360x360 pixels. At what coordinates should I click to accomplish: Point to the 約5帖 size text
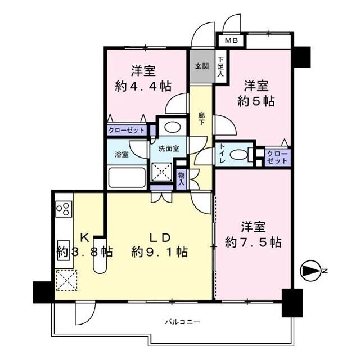point(256,101)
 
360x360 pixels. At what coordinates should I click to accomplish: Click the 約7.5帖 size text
point(253,242)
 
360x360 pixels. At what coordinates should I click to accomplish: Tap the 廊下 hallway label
point(202,119)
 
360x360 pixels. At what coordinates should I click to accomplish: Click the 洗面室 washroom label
point(168,149)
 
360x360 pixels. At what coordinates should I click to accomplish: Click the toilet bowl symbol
point(240,155)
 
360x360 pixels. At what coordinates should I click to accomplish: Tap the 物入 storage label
point(182,179)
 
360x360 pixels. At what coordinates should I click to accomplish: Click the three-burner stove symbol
point(63,209)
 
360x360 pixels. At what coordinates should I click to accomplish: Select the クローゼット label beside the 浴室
point(127,130)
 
